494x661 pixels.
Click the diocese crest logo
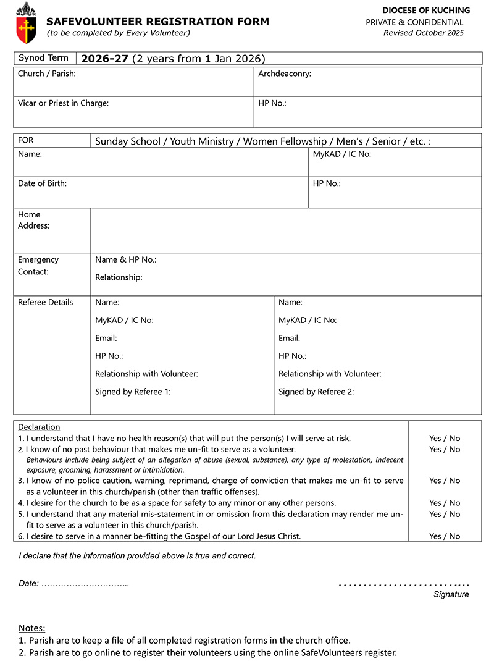pos(25,22)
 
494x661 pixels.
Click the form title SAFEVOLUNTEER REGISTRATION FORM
pos(157,22)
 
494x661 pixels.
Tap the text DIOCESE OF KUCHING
pos(425,11)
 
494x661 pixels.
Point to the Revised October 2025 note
pos(423,33)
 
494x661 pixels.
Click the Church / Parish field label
pos(47,74)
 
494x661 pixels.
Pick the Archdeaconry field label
pos(284,74)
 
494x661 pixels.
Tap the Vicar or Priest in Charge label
pos(63,103)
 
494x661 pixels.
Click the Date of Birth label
pos(42,183)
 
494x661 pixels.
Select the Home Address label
pos(33,220)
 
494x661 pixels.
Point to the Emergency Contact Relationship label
pos(119,277)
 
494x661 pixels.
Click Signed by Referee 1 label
pos(133,391)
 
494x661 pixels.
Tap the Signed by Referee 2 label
pos(316,391)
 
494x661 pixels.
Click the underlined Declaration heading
pos(39,427)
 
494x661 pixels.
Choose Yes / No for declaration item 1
pos(445,438)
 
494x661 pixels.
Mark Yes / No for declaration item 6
pos(445,536)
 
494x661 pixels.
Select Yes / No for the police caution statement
pos(445,480)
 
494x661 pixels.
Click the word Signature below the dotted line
pos(451,594)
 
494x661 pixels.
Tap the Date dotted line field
pos(85,584)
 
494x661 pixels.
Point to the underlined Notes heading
pos(32,628)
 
